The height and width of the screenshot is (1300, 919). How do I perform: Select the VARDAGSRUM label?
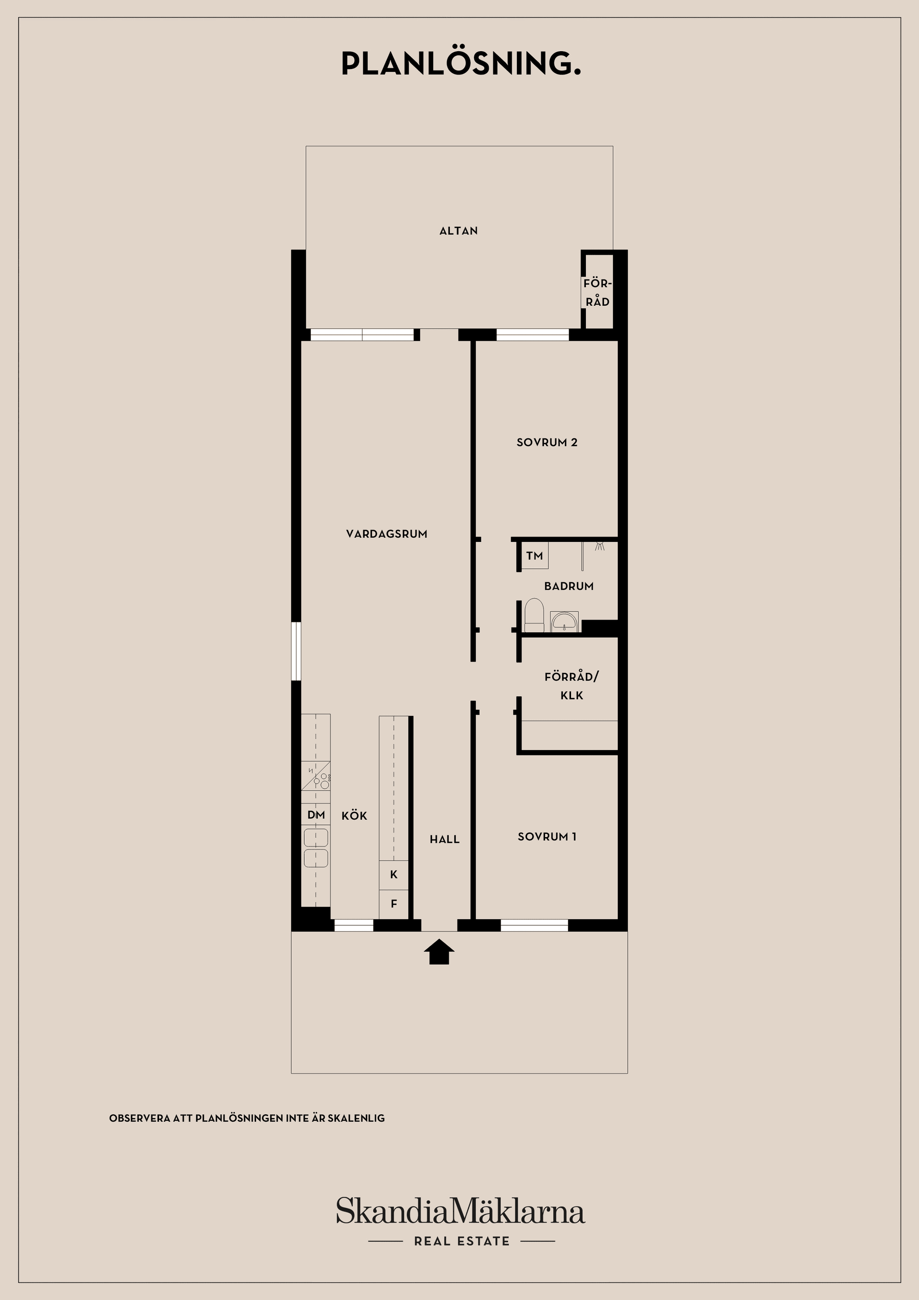[x=387, y=534]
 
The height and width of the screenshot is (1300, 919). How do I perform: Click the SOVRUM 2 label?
[x=547, y=443]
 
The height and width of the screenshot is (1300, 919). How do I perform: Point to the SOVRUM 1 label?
[x=547, y=837]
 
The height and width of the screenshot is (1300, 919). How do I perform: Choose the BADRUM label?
[x=569, y=587]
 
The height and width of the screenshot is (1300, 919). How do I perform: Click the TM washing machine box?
[x=535, y=556]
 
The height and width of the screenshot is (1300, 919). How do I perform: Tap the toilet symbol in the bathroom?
[x=534, y=616]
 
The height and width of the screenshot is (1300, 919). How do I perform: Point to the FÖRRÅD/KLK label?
[x=572, y=686]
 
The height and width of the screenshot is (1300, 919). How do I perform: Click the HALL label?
[x=445, y=840]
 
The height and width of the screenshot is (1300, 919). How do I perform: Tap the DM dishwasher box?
[x=316, y=815]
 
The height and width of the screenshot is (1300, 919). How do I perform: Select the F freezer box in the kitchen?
[x=393, y=904]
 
